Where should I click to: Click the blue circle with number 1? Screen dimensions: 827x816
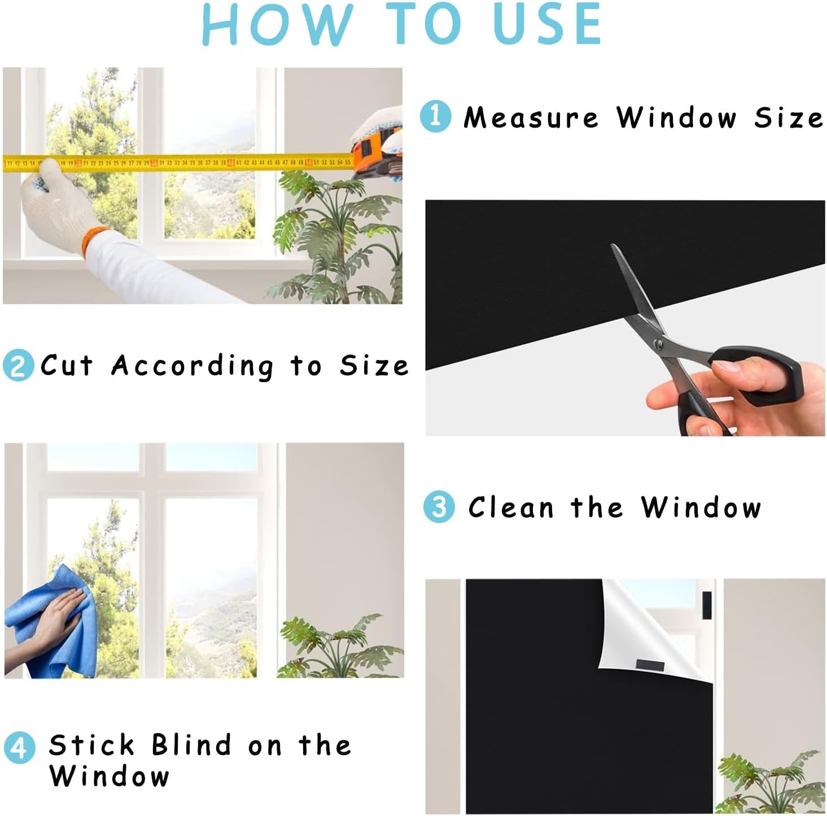point(435,116)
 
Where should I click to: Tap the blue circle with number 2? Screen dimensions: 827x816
point(18,366)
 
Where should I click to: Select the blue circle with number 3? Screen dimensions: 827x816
point(439,507)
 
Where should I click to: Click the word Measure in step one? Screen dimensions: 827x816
point(531,117)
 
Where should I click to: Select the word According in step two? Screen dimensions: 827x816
point(192,367)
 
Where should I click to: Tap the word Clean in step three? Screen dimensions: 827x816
point(511,507)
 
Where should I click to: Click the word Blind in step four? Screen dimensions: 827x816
point(192,745)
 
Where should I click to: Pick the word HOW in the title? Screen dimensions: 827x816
point(277,24)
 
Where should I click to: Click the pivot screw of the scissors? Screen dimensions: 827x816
point(658,343)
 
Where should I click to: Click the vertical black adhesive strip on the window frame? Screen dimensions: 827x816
point(707,605)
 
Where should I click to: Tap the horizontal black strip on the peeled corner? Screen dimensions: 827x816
point(649,665)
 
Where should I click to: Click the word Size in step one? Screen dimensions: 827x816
point(789,117)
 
